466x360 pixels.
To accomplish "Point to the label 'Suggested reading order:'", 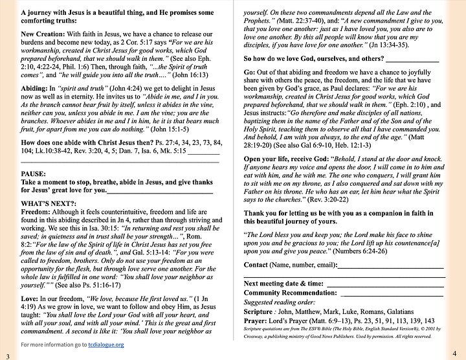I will point(278,301).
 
